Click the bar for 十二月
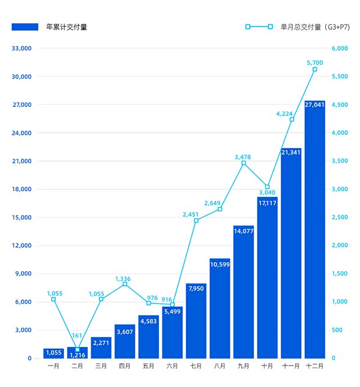pos(315,229)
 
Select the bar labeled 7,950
pos(196,321)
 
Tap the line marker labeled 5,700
pos(315,69)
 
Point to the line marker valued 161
pos(77,349)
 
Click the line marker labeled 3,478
pos(243,163)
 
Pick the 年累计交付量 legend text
pos(67,27)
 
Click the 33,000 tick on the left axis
pos(21,48)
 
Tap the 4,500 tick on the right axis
pos(341,105)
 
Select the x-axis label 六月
pos(172,367)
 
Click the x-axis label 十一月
pos(291,367)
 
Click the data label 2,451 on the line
pos(190,214)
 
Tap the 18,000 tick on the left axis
pos(21,189)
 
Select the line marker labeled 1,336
pos(125,284)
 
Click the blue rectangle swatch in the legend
pos(24,27)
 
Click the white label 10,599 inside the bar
pos(219,264)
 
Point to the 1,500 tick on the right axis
pos(341,274)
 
